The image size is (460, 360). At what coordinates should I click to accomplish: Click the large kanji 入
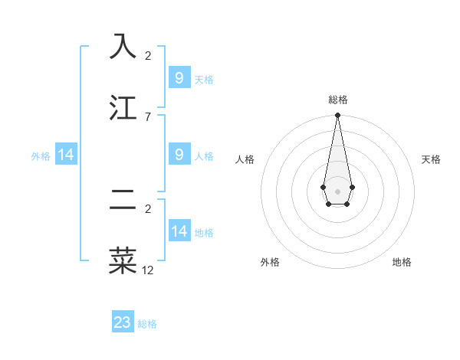click(123, 47)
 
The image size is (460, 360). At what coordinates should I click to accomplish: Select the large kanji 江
click(123, 108)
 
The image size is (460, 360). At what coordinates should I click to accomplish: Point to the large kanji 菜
click(123, 260)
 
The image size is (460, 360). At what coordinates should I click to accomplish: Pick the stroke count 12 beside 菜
click(148, 270)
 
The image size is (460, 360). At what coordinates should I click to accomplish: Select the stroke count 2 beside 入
click(148, 56)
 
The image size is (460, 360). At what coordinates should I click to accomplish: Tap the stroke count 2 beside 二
click(148, 208)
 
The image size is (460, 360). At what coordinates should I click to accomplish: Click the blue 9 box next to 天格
click(179, 77)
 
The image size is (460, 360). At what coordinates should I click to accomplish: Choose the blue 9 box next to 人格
click(179, 154)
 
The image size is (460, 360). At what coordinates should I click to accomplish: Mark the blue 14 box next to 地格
click(179, 231)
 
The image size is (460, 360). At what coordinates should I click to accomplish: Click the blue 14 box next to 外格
click(66, 155)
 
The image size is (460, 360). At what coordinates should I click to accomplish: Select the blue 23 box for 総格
click(123, 322)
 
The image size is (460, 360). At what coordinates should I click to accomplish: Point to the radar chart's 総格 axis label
click(337, 100)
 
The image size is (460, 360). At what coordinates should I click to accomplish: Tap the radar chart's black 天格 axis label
click(432, 159)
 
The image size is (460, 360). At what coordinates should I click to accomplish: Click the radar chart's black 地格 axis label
click(402, 262)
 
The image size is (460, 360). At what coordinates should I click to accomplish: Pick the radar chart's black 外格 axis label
click(270, 262)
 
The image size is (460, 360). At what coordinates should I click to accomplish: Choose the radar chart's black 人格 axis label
click(245, 159)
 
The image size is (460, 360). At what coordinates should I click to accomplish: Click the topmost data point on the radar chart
click(337, 115)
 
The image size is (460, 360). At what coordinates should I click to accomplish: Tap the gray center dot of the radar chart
click(337, 190)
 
